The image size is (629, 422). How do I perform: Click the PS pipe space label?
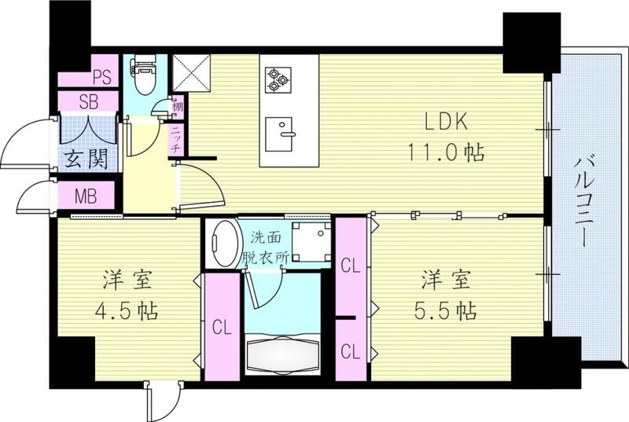pos(101,77)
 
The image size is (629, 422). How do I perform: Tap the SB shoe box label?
pos(88,101)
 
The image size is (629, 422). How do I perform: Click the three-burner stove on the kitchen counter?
pos(277,79)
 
